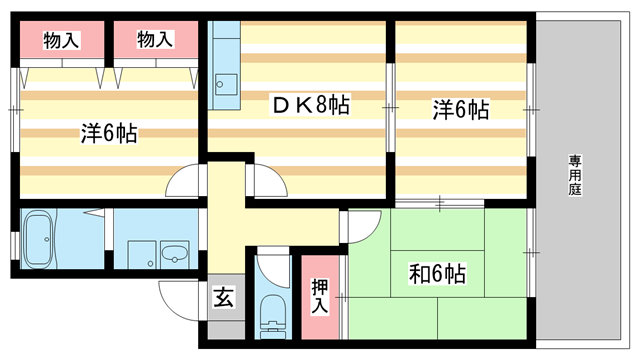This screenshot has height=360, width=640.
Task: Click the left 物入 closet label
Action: [x=61, y=40]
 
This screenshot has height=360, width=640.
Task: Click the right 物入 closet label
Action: [x=154, y=40]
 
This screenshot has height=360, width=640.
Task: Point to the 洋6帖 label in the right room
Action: [x=460, y=108]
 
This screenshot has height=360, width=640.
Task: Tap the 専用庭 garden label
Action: [x=577, y=175]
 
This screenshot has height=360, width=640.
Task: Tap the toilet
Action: [x=271, y=319]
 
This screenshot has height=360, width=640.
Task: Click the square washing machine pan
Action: [x=141, y=253]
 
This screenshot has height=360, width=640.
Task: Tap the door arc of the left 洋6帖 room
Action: [x=185, y=183]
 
